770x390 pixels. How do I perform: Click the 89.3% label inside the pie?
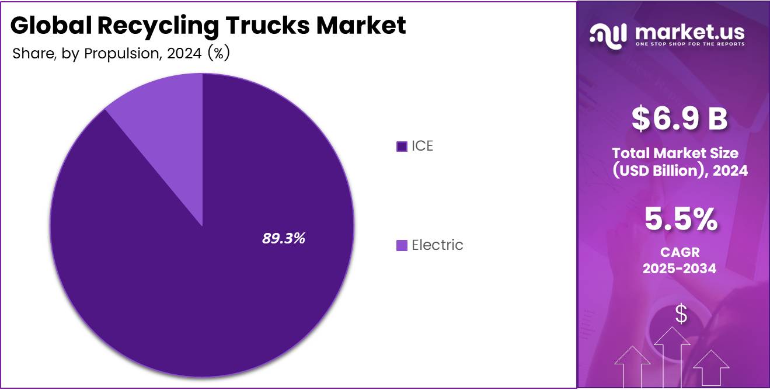(284, 238)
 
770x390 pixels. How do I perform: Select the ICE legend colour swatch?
(402, 147)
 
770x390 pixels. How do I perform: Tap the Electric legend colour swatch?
(402, 245)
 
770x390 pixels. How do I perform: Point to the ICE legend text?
(423, 146)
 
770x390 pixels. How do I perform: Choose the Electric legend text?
(437, 245)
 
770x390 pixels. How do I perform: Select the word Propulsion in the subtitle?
(123, 54)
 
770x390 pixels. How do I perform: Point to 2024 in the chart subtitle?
(184, 54)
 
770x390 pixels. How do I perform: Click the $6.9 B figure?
(680, 119)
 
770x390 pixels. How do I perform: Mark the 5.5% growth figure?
(681, 220)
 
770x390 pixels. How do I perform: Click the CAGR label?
(680, 252)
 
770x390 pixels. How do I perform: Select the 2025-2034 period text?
(680, 269)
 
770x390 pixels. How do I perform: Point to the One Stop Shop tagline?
(690, 44)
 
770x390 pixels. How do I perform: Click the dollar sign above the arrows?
(681, 314)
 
